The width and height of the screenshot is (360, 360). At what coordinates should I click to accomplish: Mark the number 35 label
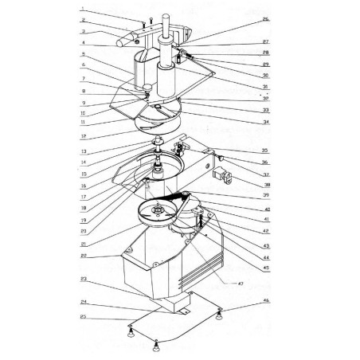(x=265, y=149)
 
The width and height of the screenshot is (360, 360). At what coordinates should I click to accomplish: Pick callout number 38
(x=265, y=181)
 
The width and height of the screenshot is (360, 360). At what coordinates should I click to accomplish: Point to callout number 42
(x=265, y=231)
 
